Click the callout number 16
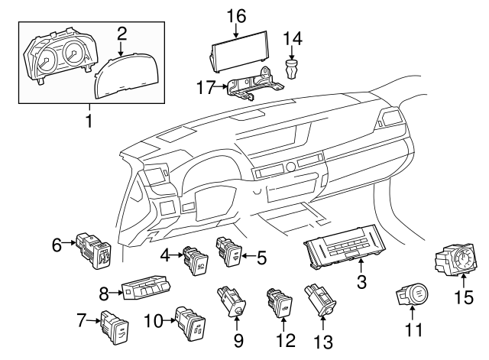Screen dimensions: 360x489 click(236, 15)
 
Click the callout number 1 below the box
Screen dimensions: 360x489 click(89, 122)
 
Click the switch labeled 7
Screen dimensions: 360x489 click(115, 323)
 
